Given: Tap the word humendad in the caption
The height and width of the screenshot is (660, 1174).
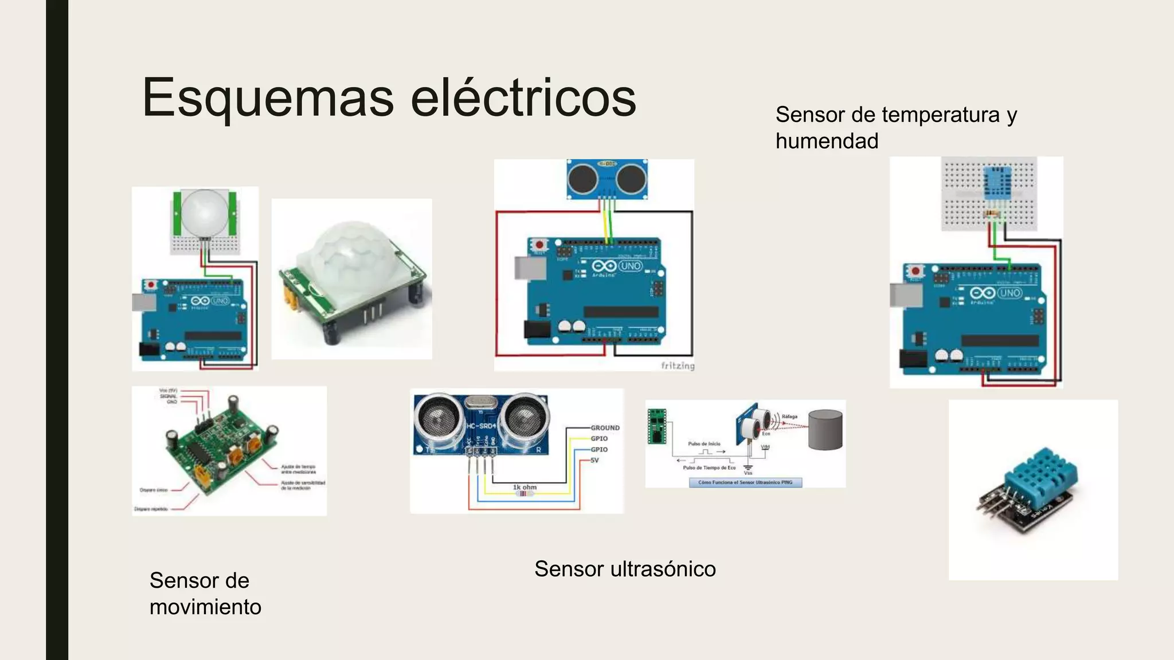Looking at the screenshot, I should pyautogui.click(x=827, y=141).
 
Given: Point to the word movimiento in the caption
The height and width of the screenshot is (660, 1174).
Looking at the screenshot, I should pyautogui.click(x=205, y=607).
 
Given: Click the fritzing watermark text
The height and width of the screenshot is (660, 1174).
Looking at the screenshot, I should pyautogui.click(x=678, y=366).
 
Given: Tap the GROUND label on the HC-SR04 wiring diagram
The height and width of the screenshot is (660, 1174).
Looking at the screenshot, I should pyautogui.click(x=605, y=428).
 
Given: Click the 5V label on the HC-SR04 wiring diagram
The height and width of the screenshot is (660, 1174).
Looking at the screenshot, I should pyautogui.click(x=594, y=460).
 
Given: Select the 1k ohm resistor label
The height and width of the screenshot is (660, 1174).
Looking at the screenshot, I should pyautogui.click(x=525, y=488).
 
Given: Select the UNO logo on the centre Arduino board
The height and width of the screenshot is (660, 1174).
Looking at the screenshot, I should pyautogui.click(x=630, y=266).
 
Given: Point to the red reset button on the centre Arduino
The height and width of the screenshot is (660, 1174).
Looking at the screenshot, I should pyautogui.click(x=539, y=245).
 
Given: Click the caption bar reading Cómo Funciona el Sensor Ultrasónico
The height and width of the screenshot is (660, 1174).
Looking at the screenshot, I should pyautogui.click(x=745, y=482).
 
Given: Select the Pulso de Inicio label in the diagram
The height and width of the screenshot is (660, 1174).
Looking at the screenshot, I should pyautogui.click(x=704, y=444).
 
